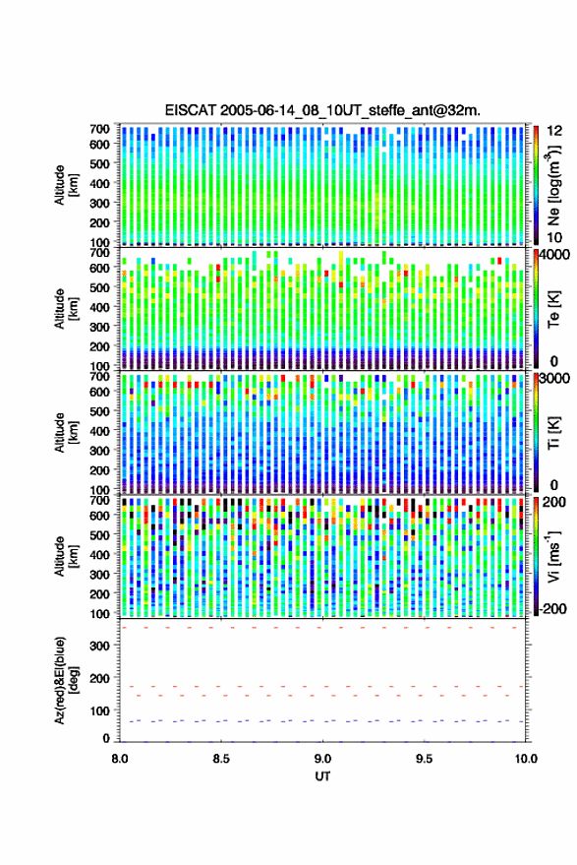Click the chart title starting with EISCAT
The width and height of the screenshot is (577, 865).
pos(322,110)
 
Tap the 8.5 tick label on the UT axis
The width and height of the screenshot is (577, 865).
pos(221,759)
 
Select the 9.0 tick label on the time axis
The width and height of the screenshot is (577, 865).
pos(322,759)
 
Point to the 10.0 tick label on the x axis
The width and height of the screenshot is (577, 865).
pos(526,759)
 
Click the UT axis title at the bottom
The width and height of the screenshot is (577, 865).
pos(322,776)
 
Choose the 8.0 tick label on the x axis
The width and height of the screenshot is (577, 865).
pos(120,759)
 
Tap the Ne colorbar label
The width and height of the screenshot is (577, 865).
pos(553,186)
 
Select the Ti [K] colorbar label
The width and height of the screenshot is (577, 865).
pos(553,434)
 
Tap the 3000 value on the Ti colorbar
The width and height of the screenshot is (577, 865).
pos(555,379)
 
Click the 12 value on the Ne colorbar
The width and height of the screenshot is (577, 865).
pos(554,131)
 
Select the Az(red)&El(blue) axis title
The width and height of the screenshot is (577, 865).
pos(67,680)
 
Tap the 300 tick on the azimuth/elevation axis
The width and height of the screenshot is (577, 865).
pos(99,646)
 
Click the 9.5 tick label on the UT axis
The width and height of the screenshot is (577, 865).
pos(424,759)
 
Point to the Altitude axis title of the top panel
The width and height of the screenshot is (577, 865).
pos(67,185)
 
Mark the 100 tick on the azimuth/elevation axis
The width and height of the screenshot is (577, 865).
pos(99,711)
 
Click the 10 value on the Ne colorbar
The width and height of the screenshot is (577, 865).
pos(554,238)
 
